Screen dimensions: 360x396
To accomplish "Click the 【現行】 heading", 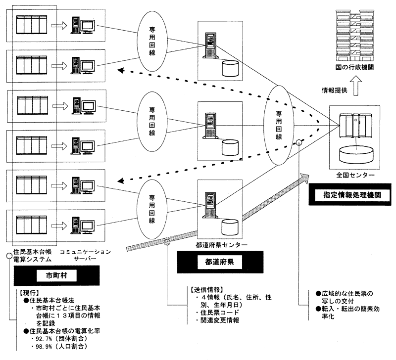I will tap(29, 293).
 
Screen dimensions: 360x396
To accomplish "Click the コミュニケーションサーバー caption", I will tap(85, 255).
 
